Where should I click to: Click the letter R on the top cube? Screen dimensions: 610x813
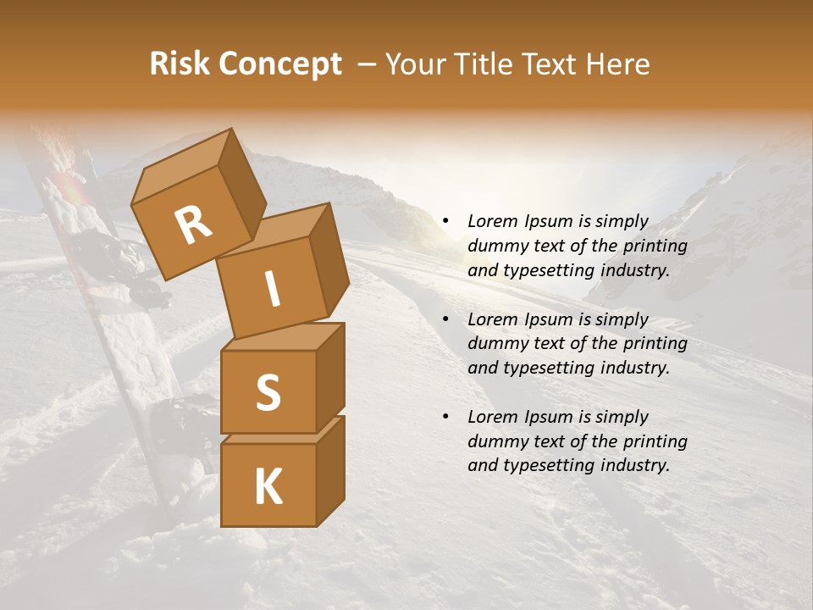193,225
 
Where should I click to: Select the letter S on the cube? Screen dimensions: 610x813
268,392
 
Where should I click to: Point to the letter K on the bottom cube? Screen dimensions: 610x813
268,487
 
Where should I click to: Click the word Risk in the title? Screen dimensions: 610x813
179,64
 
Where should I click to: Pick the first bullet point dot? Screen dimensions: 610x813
445,222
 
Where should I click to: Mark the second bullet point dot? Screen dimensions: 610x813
445,319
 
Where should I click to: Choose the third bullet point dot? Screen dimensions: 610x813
445,417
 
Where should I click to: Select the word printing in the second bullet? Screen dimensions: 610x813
655,344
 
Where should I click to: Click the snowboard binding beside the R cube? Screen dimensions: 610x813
127,258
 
